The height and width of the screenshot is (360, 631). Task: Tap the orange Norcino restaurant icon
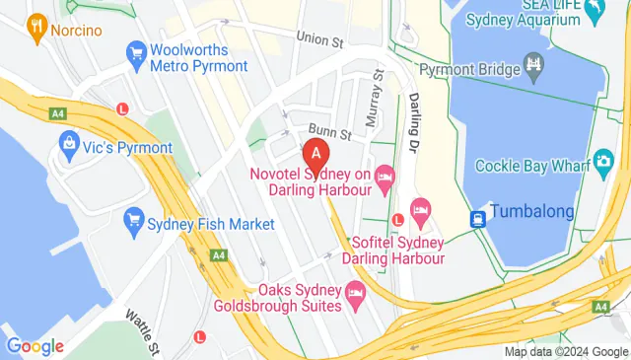(x=36, y=29)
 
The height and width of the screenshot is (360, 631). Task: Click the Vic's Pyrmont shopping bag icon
(x=69, y=147)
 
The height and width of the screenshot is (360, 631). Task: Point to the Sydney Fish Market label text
(x=210, y=225)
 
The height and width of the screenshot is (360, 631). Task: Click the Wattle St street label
(x=144, y=331)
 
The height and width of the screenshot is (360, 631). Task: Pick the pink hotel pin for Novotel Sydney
(x=385, y=176)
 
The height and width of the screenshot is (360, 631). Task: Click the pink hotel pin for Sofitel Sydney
(x=420, y=209)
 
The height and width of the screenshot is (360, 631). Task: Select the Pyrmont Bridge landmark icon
(x=534, y=69)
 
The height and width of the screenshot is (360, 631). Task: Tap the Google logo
(x=35, y=346)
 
